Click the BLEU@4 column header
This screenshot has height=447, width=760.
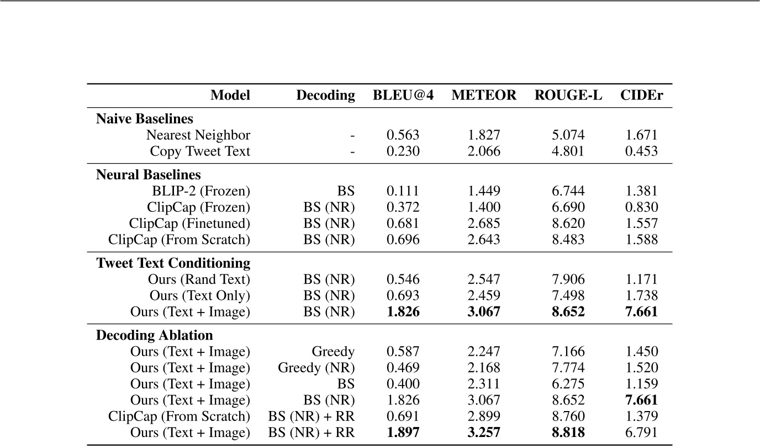tap(403, 96)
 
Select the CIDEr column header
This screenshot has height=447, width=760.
tap(641, 96)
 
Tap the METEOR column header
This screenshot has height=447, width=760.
tap(484, 96)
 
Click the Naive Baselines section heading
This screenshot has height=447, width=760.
tap(145, 119)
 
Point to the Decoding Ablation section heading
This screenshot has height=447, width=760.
tap(155, 335)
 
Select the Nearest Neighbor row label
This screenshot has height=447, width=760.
tap(198, 135)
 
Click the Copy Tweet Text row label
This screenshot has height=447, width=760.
tap(200, 151)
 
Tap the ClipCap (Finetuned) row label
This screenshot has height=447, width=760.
tap(189, 224)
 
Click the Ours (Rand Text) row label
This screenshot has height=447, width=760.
tap(199, 280)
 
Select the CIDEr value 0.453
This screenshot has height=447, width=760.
tap(641, 151)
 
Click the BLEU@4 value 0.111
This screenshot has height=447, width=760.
tap(403, 191)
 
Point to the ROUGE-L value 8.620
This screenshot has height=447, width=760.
tap(568, 224)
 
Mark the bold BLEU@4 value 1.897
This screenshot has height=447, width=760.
tap(403, 433)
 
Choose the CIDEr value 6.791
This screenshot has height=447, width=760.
tap(641, 433)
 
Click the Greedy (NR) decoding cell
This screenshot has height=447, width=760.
tap(316, 368)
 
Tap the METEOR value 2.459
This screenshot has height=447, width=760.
tap(484, 296)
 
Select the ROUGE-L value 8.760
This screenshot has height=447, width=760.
tap(568, 417)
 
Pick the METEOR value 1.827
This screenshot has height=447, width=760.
tap(484, 135)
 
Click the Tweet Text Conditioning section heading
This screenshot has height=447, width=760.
tap(173, 263)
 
